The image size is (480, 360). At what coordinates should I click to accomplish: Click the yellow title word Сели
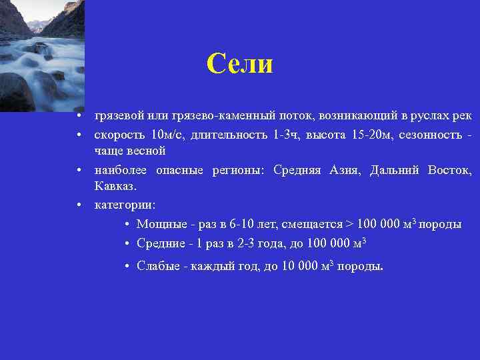(x=239, y=64)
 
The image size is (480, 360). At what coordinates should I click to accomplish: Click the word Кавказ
(x=115, y=186)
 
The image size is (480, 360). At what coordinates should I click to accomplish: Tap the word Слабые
(x=157, y=267)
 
